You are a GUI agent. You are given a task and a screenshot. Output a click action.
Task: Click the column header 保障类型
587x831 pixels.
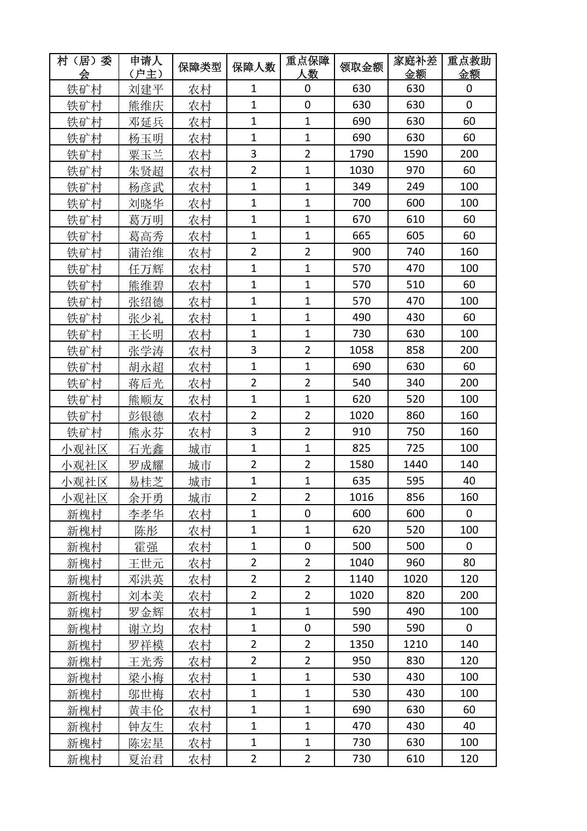point(199,67)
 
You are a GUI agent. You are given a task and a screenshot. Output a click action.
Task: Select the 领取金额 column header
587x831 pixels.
point(361,67)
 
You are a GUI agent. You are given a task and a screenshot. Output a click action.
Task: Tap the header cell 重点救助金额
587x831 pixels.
point(469,67)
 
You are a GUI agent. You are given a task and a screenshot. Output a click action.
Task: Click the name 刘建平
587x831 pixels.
point(146,89)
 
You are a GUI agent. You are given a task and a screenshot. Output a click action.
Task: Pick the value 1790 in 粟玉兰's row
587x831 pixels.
point(361,154)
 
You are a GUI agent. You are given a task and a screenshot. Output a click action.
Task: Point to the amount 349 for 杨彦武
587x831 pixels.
point(361,186)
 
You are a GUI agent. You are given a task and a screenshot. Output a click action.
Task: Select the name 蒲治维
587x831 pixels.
point(146,252)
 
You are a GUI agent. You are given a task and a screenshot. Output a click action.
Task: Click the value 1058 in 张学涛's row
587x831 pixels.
point(361,350)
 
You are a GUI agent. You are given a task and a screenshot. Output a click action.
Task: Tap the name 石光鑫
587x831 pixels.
point(146,448)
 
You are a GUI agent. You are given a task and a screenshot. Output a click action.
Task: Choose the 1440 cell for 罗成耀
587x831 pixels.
point(415,465)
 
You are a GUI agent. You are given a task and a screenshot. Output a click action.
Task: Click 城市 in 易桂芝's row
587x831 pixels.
point(199,481)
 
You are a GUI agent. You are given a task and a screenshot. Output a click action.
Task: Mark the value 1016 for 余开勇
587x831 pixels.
point(361,497)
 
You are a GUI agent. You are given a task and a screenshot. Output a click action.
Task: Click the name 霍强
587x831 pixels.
point(146,546)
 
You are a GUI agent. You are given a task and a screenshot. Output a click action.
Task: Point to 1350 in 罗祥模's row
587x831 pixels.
point(361,644)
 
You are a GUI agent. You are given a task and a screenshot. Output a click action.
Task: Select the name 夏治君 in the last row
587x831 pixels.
point(146,759)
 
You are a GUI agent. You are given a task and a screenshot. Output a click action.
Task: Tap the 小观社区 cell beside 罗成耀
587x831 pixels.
point(84,465)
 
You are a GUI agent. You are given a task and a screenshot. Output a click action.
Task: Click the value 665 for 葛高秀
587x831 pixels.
point(361,236)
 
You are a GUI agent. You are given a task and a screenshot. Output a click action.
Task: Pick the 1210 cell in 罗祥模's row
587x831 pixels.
point(415,644)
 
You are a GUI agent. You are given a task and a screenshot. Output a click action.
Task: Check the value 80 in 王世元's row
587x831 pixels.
point(469,563)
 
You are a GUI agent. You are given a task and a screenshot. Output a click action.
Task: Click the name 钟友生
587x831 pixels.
point(146,726)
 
